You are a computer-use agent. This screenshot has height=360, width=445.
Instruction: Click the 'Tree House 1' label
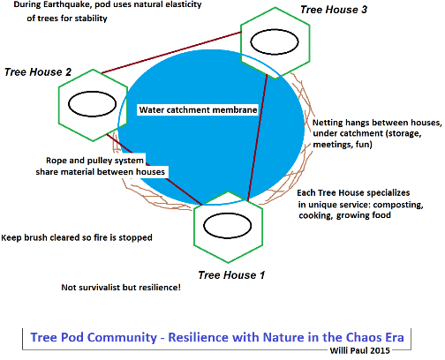coord(231,275)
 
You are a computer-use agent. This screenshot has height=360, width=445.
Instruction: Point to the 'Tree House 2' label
coord(38,72)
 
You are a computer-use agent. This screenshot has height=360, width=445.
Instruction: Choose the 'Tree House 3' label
coord(334,10)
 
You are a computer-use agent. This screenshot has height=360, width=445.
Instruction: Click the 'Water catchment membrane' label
coord(198,109)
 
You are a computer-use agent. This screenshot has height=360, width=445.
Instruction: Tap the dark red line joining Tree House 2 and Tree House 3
coord(171,52)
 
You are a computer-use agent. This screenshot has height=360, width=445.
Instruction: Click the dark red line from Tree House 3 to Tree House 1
coord(258,138)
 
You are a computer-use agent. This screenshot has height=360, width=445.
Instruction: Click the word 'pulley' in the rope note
coord(99,161)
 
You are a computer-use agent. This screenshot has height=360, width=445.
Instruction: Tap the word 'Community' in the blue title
coord(122,338)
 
